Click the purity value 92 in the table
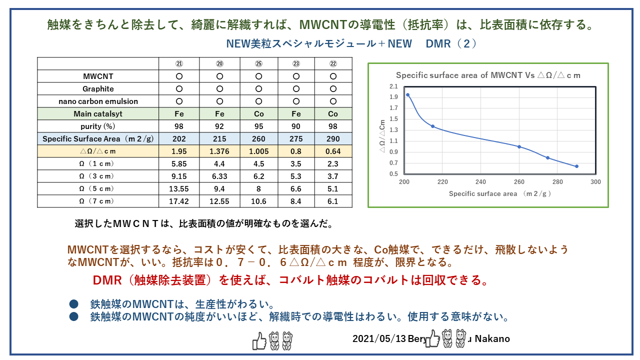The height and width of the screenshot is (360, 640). [x=219, y=126]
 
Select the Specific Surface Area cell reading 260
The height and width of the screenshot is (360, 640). [x=258, y=139]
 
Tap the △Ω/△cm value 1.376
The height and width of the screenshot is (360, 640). [x=219, y=151]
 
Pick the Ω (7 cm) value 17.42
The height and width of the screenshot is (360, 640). [x=179, y=201]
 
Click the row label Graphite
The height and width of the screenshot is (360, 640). [x=98, y=89]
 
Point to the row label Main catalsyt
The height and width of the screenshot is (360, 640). [x=98, y=114]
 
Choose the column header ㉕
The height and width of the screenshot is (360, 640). [x=258, y=64]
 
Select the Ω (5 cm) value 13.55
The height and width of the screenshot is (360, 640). [x=179, y=189]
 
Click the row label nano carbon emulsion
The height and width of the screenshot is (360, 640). [x=98, y=101]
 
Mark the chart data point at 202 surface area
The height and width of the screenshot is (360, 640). [x=407, y=95]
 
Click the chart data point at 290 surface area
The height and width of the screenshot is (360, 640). [x=576, y=166]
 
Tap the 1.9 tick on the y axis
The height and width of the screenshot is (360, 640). [x=393, y=97]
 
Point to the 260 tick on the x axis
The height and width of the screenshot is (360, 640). [x=519, y=182]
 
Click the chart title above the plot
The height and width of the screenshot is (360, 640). [x=488, y=75]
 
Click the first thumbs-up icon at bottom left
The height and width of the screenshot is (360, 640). [x=259, y=340]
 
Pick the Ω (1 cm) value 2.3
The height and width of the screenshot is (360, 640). [x=333, y=164]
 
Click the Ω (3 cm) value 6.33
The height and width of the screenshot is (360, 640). [x=219, y=176]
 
